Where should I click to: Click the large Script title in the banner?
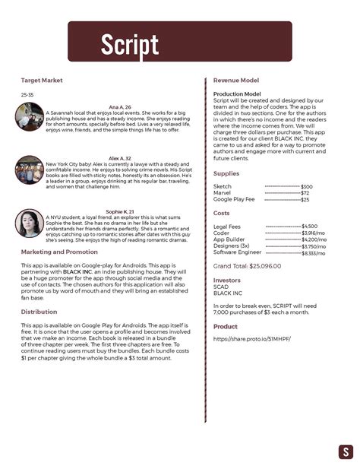129,44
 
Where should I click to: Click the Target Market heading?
41,80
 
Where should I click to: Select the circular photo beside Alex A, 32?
30,169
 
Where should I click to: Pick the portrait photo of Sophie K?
30,221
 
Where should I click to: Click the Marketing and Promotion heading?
59,252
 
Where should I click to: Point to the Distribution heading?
39,312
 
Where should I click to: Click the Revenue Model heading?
235,80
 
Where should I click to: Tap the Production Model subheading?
237,94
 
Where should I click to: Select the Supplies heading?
226,173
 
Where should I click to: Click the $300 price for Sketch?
285,187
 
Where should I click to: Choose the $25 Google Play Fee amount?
283,199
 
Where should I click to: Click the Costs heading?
222,214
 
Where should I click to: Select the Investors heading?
227,280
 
